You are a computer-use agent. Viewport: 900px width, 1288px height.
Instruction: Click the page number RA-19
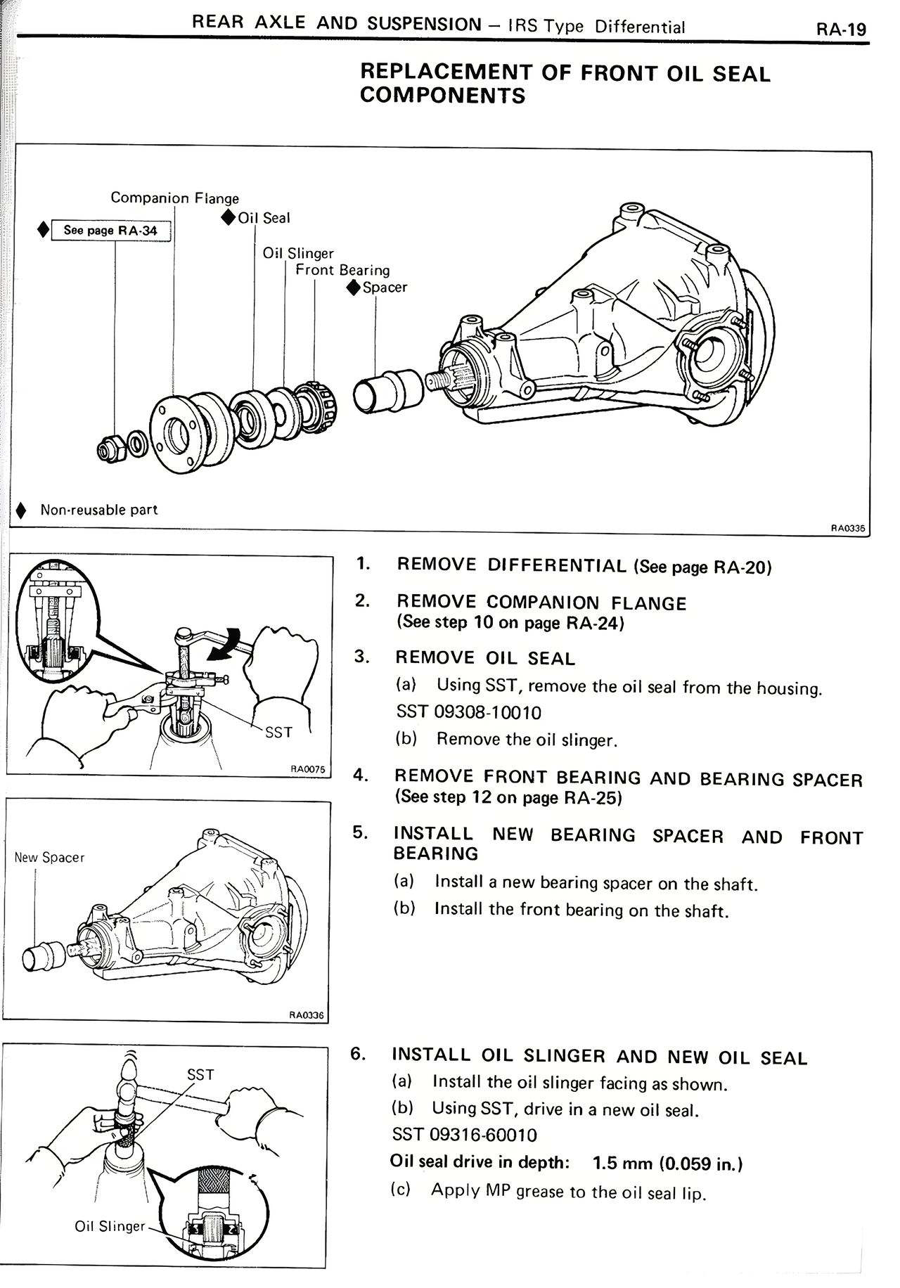tap(841, 29)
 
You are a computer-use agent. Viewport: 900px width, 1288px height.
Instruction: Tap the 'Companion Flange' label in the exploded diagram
tap(174, 198)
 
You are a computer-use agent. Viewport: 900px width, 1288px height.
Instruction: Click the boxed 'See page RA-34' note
tap(110, 230)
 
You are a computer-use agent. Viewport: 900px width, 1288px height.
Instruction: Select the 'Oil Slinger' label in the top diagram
tap(298, 253)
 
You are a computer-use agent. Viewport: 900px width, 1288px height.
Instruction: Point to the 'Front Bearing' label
tap(342, 270)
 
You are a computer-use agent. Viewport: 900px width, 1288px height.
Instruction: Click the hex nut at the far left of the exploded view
tap(110, 446)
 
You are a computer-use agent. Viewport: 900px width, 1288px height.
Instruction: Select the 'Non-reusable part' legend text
tap(98, 510)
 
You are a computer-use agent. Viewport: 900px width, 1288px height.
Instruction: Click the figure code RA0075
tap(308, 769)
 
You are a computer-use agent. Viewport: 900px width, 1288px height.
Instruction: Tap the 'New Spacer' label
tap(49, 858)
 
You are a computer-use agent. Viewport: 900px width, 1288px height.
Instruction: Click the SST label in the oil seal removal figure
tap(278, 733)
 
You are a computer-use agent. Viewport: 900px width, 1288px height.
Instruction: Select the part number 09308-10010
tap(487, 713)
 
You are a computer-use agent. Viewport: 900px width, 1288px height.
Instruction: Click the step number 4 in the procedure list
tap(361, 775)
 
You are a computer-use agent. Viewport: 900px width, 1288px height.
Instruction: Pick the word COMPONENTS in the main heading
tap(442, 96)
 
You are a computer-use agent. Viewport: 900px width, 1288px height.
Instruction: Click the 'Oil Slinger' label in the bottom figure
tap(110, 1226)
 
